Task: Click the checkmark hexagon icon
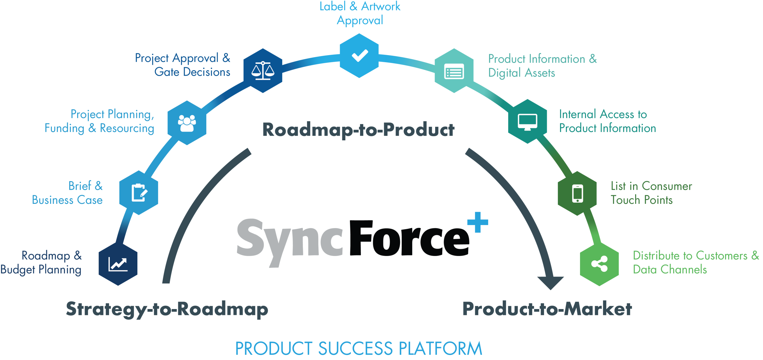pyautogui.click(x=359, y=56)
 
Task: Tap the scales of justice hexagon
pyautogui.click(x=263, y=71)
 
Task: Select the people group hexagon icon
pyautogui.click(x=187, y=123)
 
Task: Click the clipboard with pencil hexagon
pyautogui.click(x=139, y=193)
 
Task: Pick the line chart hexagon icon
pyautogui.click(x=118, y=264)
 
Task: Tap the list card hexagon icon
pyautogui.click(x=454, y=71)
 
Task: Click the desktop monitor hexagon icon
pyautogui.click(x=528, y=122)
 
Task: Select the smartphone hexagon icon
pyautogui.click(x=577, y=193)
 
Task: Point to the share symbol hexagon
pyautogui.click(x=599, y=264)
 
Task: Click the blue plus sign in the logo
pyautogui.click(x=478, y=222)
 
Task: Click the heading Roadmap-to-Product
pyautogui.click(x=358, y=130)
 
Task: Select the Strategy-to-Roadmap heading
pyautogui.click(x=167, y=309)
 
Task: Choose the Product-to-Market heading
pyautogui.click(x=547, y=309)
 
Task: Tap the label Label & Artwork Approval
pyautogui.click(x=360, y=13)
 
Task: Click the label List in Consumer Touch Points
pyautogui.click(x=651, y=193)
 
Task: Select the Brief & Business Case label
pyautogui.click(x=68, y=193)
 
